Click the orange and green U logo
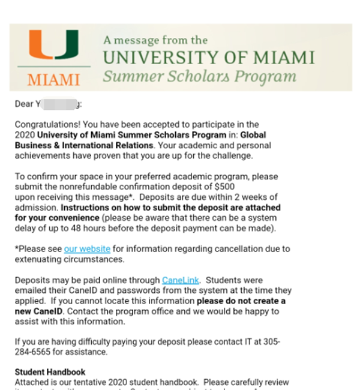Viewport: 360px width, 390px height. click(53, 46)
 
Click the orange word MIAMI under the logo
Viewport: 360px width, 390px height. click(53, 80)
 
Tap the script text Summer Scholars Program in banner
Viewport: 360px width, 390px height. click(199, 77)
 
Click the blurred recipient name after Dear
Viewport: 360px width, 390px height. click(60, 104)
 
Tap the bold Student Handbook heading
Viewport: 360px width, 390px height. click(50, 372)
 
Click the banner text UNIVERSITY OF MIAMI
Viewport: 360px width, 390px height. click(209, 58)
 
